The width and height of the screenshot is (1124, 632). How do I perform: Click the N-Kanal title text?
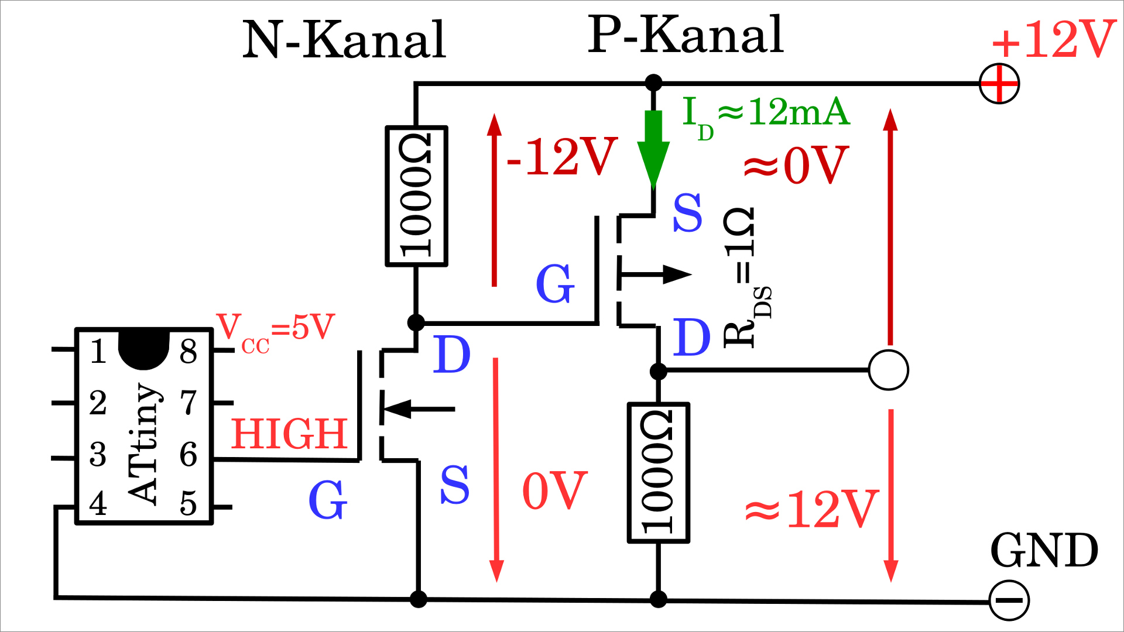point(344,40)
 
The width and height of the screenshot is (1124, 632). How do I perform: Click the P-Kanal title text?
point(685,35)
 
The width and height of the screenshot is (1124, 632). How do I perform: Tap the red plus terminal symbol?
point(999,84)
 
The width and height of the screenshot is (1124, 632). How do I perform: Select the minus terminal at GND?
point(1009,600)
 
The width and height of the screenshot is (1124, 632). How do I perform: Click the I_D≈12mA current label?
point(766,115)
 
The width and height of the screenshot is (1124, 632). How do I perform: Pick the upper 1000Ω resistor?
point(416,196)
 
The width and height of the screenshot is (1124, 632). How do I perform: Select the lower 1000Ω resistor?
point(658,473)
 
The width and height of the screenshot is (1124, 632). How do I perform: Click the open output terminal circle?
point(888,370)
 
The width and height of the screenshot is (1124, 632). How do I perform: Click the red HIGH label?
point(289,434)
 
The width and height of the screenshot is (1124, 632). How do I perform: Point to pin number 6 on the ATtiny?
point(189,454)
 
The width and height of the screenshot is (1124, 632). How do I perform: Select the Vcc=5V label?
point(275,331)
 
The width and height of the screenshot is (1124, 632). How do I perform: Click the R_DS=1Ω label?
point(746,278)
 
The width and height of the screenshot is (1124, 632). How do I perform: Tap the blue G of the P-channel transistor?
point(554,283)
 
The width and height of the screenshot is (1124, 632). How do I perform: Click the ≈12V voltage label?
point(811,509)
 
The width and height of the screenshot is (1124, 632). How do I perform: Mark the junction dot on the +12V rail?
point(653,83)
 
